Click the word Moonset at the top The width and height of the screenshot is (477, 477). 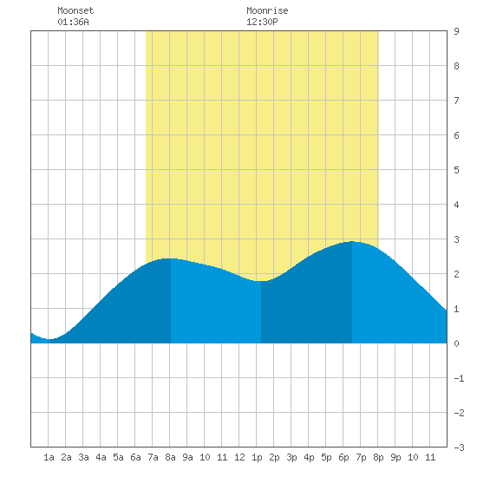(x=75, y=10)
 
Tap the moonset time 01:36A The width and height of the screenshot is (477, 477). (x=74, y=22)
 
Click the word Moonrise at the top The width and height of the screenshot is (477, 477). (x=267, y=10)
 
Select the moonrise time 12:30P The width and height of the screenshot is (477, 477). (x=262, y=22)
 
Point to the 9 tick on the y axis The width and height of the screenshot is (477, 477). (x=456, y=31)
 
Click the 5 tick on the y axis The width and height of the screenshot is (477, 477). (x=456, y=170)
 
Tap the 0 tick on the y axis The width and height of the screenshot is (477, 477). (x=456, y=343)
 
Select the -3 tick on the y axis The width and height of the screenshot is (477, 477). (x=459, y=448)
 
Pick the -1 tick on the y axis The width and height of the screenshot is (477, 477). (x=459, y=378)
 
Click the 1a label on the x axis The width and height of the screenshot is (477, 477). (x=49, y=457)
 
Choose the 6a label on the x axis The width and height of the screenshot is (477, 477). (x=135, y=457)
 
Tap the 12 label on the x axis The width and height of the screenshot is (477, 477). (x=239, y=457)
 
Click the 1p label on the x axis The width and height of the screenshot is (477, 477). (x=257, y=457)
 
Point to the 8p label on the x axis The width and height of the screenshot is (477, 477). (x=378, y=457)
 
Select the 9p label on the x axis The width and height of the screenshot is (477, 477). (x=395, y=457)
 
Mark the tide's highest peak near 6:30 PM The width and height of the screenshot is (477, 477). (x=352, y=242)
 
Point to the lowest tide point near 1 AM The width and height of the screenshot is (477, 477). (x=49, y=339)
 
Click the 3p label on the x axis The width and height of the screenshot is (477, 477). (x=291, y=457)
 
